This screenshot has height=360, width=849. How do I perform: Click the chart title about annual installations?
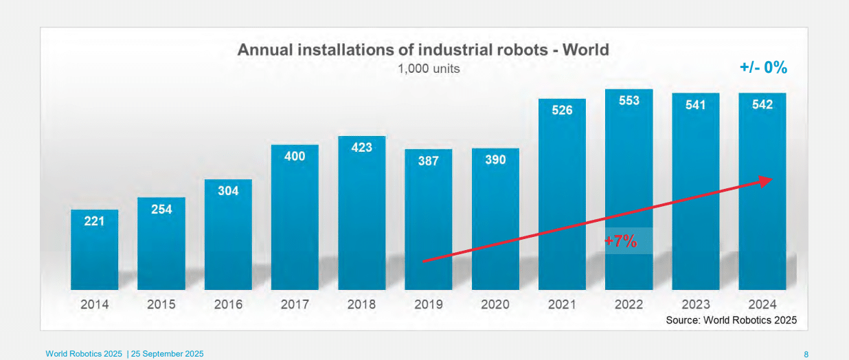pyautogui.click(x=423, y=50)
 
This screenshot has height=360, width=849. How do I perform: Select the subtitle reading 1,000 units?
pyautogui.click(x=429, y=69)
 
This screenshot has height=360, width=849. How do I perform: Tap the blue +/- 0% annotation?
pyautogui.click(x=763, y=67)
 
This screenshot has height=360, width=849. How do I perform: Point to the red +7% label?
pyautogui.click(x=621, y=241)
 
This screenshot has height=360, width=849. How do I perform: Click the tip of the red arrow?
pyautogui.click(x=771, y=179)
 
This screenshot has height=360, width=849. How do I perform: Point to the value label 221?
pyautogui.click(x=95, y=221)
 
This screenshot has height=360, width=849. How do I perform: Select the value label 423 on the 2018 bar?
pyautogui.click(x=361, y=147)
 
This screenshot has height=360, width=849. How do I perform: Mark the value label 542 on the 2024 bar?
pyautogui.click(x=762, y=104)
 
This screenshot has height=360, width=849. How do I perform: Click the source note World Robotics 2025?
pyautogui.click(x=731, y=320)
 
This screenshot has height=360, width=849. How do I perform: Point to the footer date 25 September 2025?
pyautogui.click(x=168, y=354)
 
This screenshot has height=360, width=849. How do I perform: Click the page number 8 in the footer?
pyautogui.click(x=806, y=354)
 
